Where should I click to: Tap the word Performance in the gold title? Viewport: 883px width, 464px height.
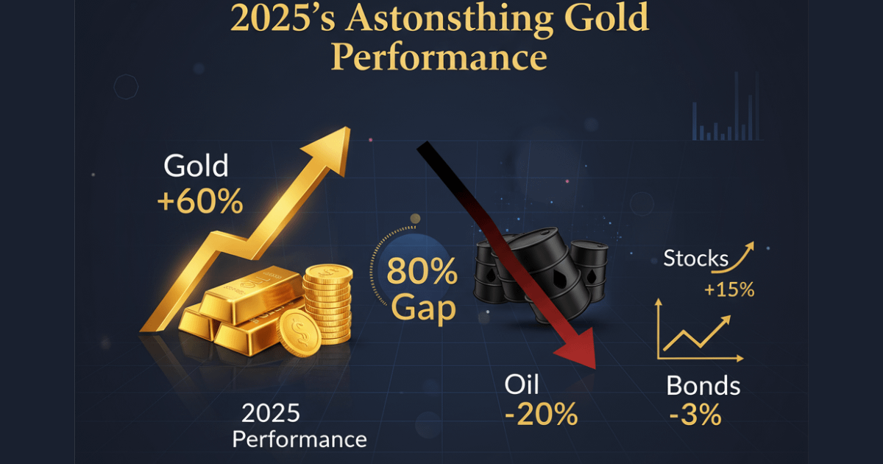[x=439, y=57]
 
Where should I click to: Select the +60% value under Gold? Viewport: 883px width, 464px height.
[x=199, y=200]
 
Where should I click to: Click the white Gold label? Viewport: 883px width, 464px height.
[x=196, y=166]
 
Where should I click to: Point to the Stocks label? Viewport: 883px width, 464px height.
[x=695, y=259]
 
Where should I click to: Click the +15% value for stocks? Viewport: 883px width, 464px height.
[x=728, y=290]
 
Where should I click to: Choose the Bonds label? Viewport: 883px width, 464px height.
[x=703, y=385]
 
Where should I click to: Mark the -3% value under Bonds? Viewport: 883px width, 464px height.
[x=695, y=415]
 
